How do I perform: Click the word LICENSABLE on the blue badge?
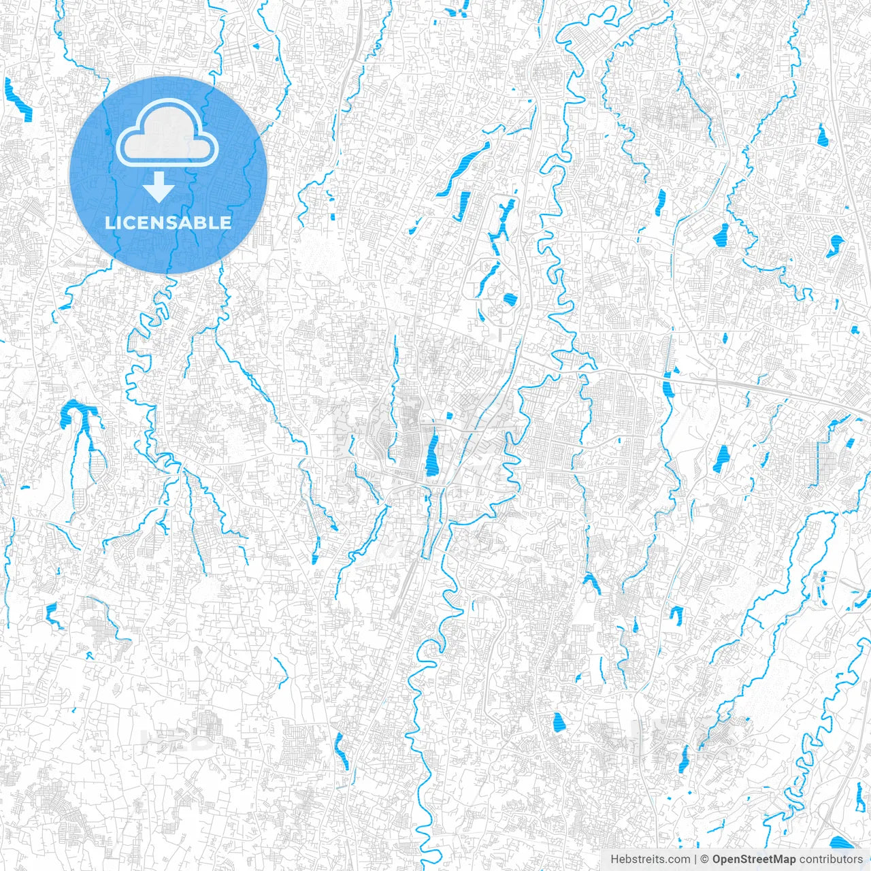point(168,223)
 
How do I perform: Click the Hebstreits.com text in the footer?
point(650,859)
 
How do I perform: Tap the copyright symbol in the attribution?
point(705,859)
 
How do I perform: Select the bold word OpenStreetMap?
point(753,859)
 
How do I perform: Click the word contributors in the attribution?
point(831,859)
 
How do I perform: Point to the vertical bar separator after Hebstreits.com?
point(695,859)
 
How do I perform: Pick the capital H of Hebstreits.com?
point(614,859)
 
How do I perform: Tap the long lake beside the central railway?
point(432,455)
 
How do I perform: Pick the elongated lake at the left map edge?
point(17,99)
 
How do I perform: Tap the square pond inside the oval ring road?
point(509,299)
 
